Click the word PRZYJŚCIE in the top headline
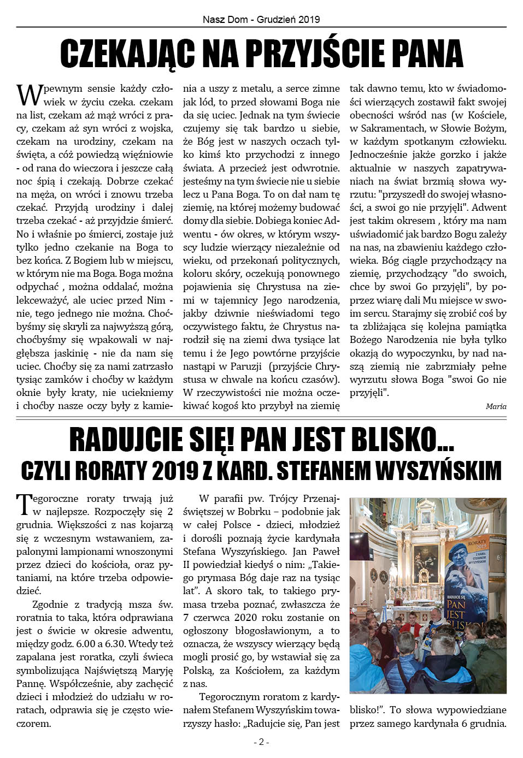(x=316, y=54)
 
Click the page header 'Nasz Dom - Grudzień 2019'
(x=261, y=19)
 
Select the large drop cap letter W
(x=29, y=95)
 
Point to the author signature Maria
(x=496, y=406)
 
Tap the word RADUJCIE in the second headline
(x=144, y=440)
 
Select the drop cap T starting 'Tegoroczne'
(x=24, y=505)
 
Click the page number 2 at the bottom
(x=261, y=742)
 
